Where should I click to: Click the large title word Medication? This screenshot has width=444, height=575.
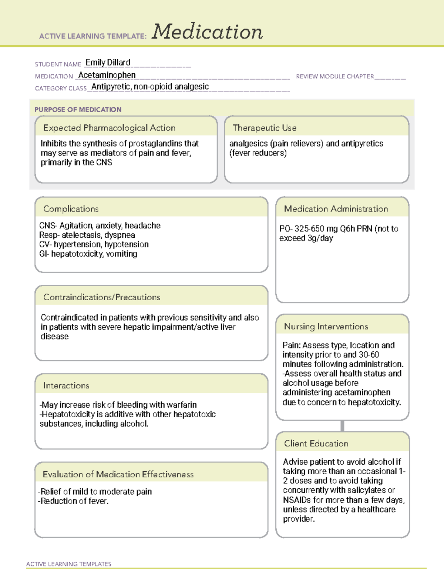pyautogui.click(x=207, y=32)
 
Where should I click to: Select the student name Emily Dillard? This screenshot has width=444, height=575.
pyautogui.click(x=108, y=63)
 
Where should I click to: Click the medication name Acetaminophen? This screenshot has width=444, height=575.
pyautogui.click(x=107, y=75)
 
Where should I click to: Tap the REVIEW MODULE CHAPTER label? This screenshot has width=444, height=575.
pyautogui.click(x=335, y=76)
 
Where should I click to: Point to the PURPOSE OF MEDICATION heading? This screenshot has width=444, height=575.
pyautogui.click(x=78, y=110)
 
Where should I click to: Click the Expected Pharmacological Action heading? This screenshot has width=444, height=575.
pyautogui.click(x=109, y=128)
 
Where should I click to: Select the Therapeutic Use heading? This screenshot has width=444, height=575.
pyautogui.click(x=265, y=128)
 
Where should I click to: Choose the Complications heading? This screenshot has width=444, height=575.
pyautogui.click(x=71, y=209)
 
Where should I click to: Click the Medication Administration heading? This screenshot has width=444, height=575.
pyautogui.click(x=336, y=209)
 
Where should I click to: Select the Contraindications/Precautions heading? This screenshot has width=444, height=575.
pyautogui.click(x=102, y=297)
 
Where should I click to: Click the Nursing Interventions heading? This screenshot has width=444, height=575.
pyautogui.click(x=326, y=326)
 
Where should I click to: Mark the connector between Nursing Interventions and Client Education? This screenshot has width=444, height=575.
pyautogui.click(x=342, y=426)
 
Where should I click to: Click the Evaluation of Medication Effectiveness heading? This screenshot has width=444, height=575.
pyautogui.click(x=118, y=474)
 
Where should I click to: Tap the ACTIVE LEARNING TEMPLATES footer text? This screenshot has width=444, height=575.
pyautogui.click(x=69, y=564)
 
